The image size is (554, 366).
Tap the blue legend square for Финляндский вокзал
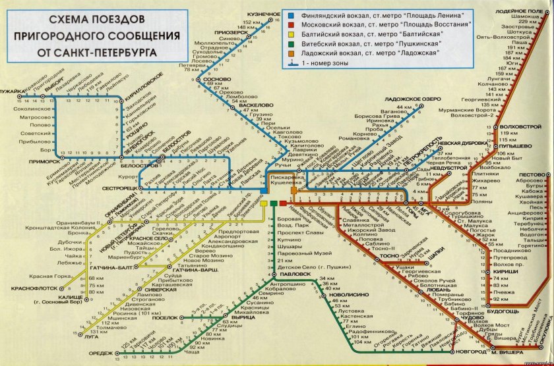click(292, 14)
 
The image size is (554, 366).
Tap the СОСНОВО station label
click(220, 78)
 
